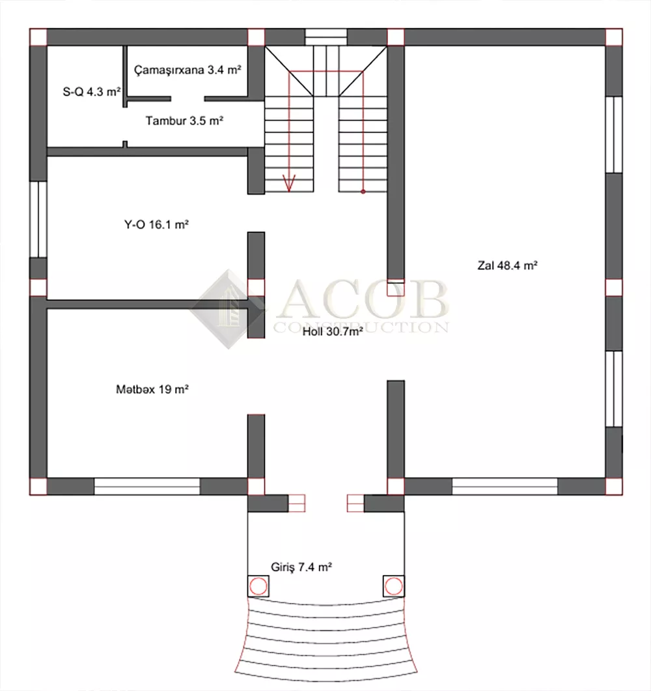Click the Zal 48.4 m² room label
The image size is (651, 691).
click(507, 265)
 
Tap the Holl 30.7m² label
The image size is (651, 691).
click(333, 331)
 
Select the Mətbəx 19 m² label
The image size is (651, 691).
click(152, 389)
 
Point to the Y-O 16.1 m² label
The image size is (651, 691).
click(156, 225)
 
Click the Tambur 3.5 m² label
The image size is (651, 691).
click(184, 121)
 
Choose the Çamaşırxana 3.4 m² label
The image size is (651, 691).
click(187, 70)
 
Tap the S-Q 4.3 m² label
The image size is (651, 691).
click(92, 92)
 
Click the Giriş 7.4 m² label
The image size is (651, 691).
click(301, 566)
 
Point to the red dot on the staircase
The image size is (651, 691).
click(363, 192)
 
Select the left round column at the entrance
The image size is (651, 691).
click(258, 586)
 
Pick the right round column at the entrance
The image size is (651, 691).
click(393, 586)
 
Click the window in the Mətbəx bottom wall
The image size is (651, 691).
click(147, 486)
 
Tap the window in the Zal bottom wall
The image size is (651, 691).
click(505, 486)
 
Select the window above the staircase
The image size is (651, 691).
click(326, 37)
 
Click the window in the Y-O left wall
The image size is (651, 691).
click(38, 219)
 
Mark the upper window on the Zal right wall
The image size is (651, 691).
click(614, 134)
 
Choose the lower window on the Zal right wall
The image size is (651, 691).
click(614, 389)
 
